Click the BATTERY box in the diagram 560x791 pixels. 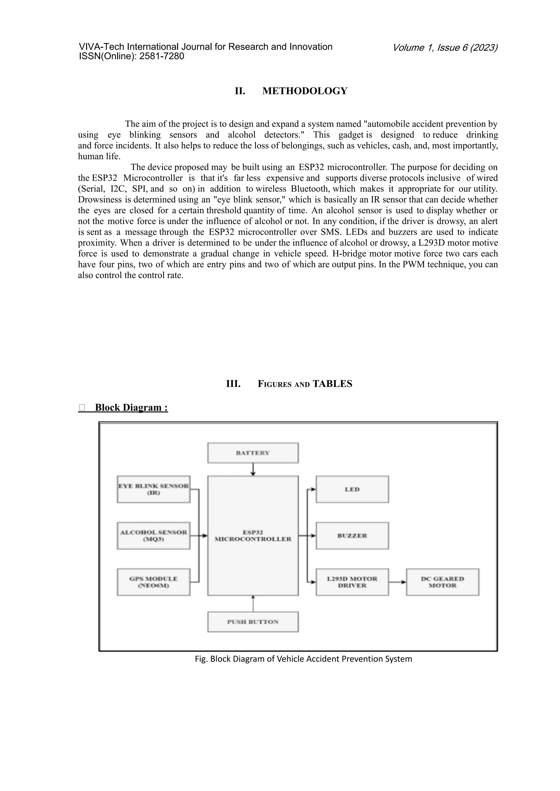tap(253, 453)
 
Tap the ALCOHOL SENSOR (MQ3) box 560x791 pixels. tap(153, 536)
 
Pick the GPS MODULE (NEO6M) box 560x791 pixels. tap(153, 582)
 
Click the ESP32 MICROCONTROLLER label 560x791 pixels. tap(253, 536)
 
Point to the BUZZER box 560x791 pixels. tap(352, 536)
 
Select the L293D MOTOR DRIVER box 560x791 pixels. tap(352, 582)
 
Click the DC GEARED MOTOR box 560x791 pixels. tap(442, 582)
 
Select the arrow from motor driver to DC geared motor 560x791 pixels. tap(397, 582)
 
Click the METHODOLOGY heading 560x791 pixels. tap(305, 91)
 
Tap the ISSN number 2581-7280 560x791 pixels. tap(162, 56)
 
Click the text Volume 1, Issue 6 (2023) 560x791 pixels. tap(445, 48)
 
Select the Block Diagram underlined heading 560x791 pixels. tap(131, 408)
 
